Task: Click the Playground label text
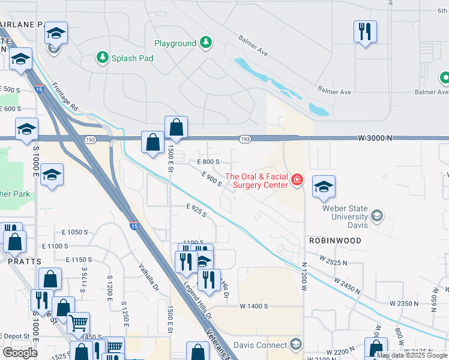tap(175, 43)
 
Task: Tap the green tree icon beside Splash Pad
tap(101, 58)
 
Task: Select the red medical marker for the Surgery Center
tap(297, 180)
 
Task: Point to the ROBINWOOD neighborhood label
tap(335, 241)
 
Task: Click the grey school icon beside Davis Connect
tap(295, 344)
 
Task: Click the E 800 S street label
tap(209, 162)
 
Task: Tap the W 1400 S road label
tap(253, 306)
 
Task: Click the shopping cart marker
tap(78, 322)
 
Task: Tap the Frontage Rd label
tap(65, 95)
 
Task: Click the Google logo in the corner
tap(20, 353)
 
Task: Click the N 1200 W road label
tap(304, 277)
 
